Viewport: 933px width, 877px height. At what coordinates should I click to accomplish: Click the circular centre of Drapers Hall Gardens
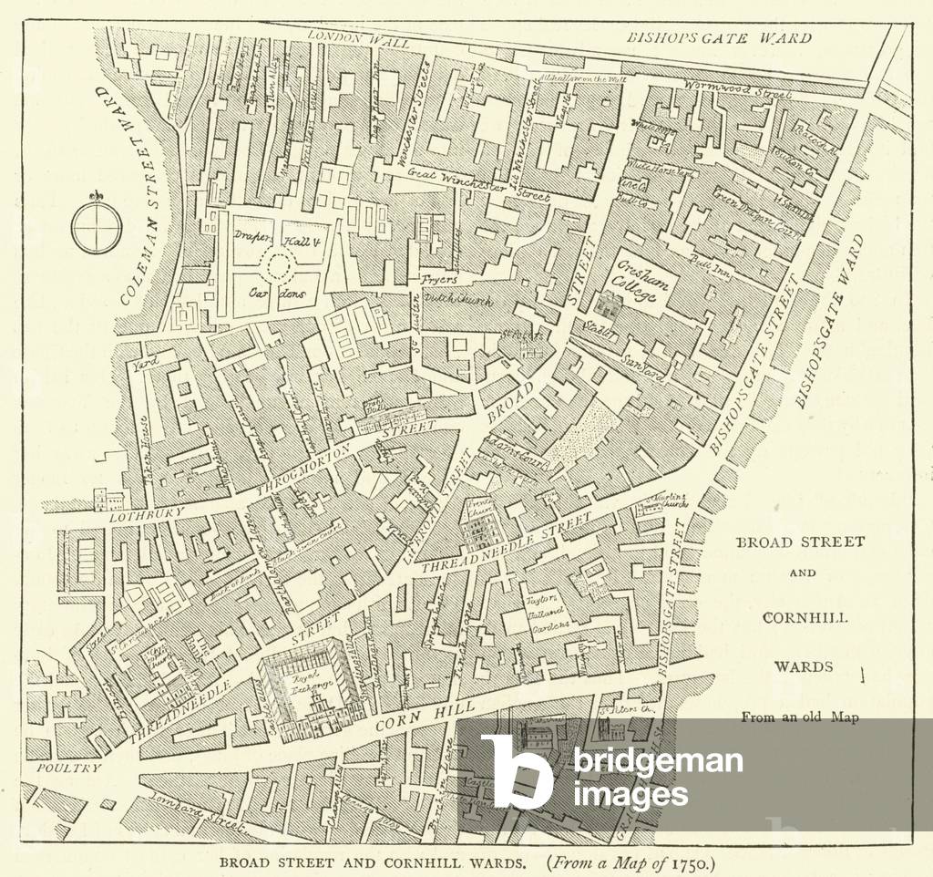point(277,266)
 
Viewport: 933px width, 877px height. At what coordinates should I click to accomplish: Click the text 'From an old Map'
point(800,717)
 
